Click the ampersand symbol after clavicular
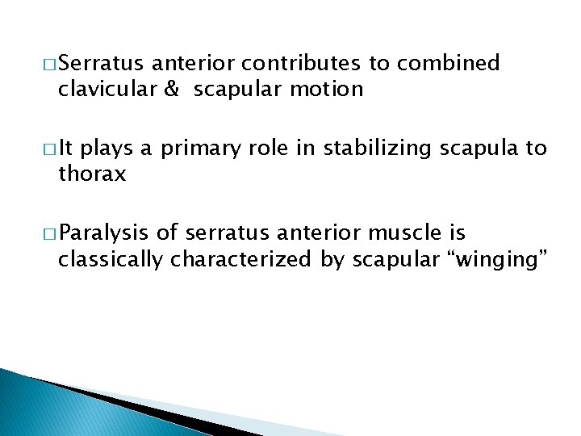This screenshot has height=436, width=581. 171,89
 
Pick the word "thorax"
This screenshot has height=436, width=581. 92,174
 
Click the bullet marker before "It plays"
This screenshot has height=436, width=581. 48,149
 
